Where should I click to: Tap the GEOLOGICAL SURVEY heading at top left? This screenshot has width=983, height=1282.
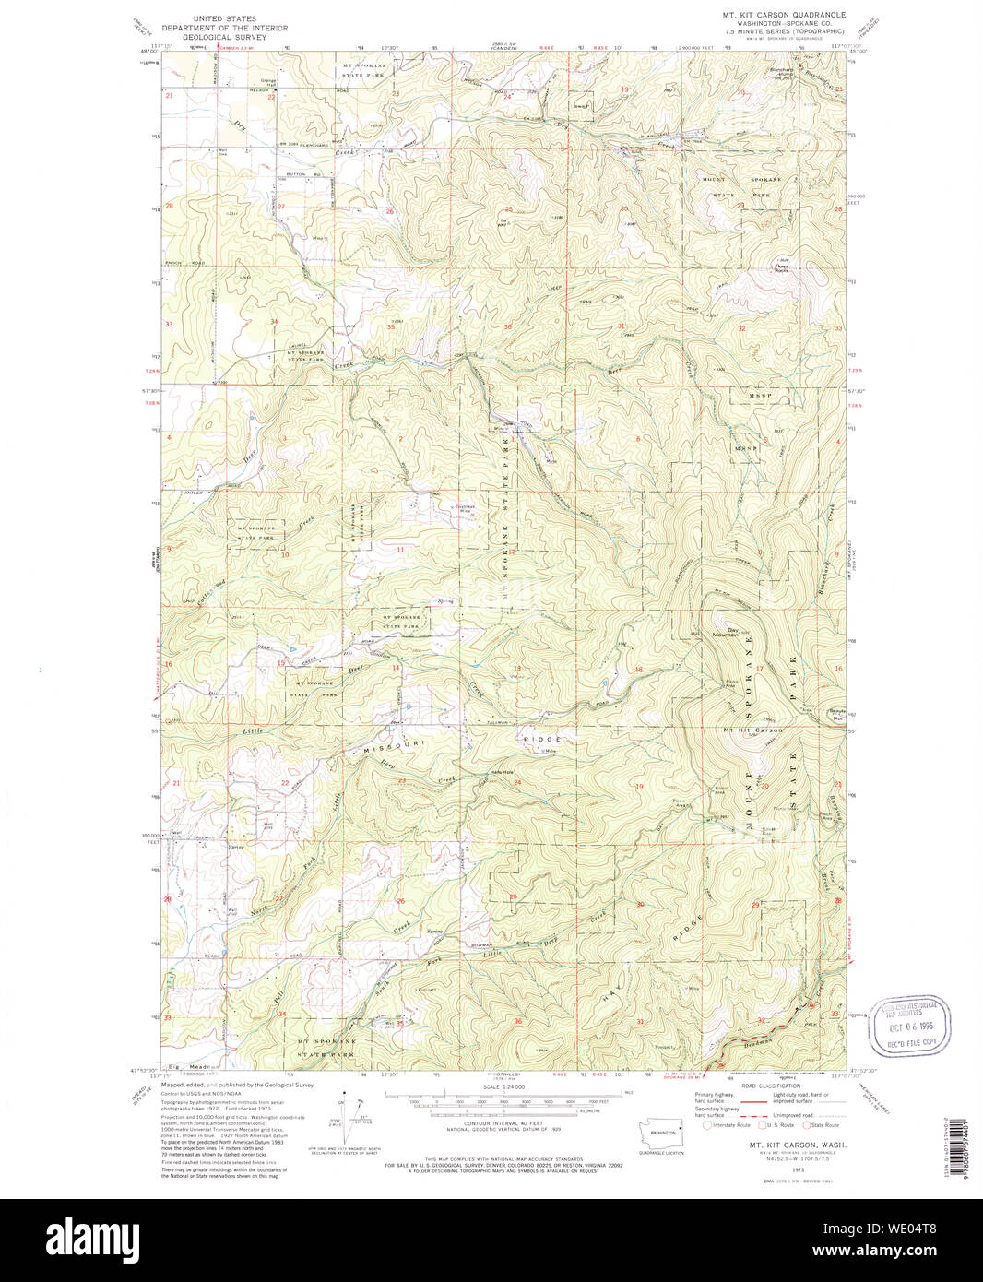(234, 37)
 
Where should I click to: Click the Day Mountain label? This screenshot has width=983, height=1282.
(728, 633)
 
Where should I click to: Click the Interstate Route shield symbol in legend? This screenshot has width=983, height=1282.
(707, 1124)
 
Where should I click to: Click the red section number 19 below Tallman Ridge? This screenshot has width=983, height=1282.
(639, 786)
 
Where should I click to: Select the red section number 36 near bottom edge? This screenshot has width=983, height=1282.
(518, 1021)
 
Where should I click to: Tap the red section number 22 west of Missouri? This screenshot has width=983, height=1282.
(285, 783)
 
